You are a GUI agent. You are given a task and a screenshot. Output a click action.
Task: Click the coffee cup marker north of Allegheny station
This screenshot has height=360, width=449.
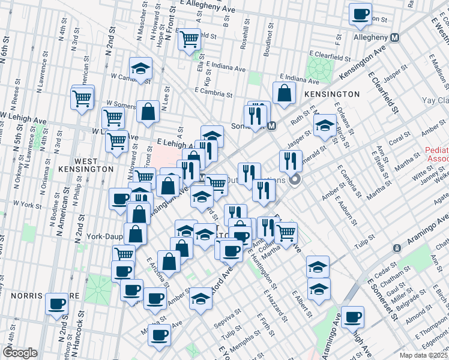click(360, 14)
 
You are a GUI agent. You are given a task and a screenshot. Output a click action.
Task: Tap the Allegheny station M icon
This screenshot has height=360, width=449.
click(395, 37)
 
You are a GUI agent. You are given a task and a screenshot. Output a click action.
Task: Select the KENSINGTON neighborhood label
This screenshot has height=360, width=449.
click(332, 94)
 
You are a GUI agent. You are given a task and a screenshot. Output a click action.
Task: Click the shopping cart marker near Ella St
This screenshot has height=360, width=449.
click(190, 40)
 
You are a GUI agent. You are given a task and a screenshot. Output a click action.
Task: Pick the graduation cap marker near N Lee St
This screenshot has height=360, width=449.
click(140, 69)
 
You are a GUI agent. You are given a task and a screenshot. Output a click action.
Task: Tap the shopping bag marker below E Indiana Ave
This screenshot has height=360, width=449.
click(284, 93)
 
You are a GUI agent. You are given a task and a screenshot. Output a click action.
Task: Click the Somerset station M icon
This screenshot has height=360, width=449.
click(272, 127)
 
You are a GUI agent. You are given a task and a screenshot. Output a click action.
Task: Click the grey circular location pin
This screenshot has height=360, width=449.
click(295, 179)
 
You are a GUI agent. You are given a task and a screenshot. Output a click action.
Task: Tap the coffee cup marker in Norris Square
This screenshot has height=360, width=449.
click(58, 304)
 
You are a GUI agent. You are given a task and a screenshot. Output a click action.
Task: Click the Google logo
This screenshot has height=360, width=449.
click(20, 353)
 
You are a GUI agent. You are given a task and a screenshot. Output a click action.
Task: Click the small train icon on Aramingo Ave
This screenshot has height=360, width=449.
click(396, 248)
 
